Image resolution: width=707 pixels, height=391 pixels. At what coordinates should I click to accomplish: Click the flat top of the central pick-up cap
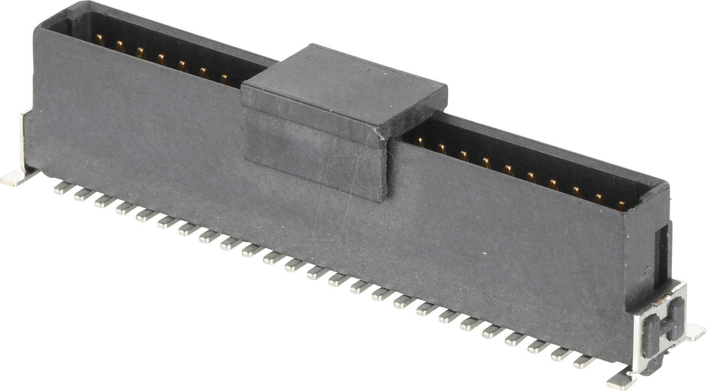click(x=344, y=85)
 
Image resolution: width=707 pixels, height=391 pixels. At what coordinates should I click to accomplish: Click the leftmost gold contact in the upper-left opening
click(x=100, y=39)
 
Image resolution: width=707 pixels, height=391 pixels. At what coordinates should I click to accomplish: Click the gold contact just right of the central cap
click(x=420, y=142)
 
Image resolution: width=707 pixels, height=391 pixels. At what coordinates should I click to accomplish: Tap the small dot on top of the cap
click(x=312, y=58)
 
